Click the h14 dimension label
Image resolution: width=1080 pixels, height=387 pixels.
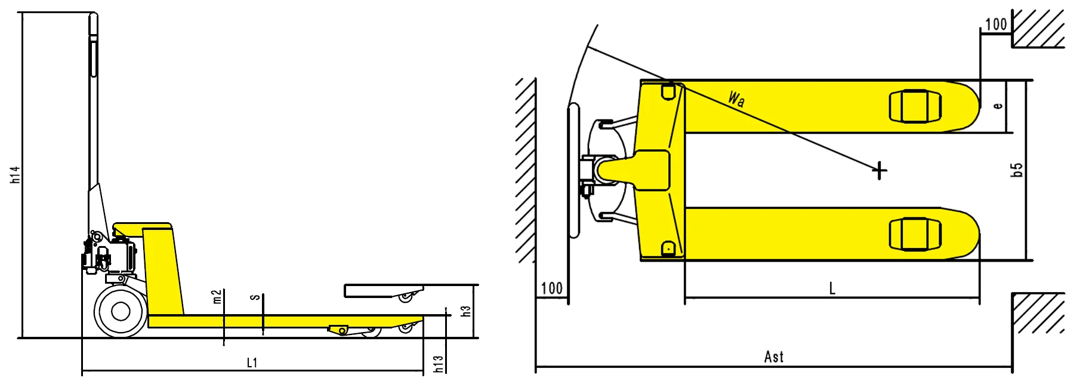[x=16, y=174]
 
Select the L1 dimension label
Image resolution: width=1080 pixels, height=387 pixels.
[x=252, y=363]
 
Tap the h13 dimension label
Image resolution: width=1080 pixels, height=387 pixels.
[x=439, y=364]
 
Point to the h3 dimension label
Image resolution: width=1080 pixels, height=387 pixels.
[x=466, y=311]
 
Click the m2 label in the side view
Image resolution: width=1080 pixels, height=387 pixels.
[x=217, y=297]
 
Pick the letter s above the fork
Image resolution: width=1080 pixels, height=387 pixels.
[x=255, y=297]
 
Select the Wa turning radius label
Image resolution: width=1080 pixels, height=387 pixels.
[x=736, y=99]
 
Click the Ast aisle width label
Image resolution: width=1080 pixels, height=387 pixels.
[x=774, y=357]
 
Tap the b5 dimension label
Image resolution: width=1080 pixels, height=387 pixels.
[x=1017, y=170]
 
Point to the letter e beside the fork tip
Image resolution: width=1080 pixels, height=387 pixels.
[x=998, y=106]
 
